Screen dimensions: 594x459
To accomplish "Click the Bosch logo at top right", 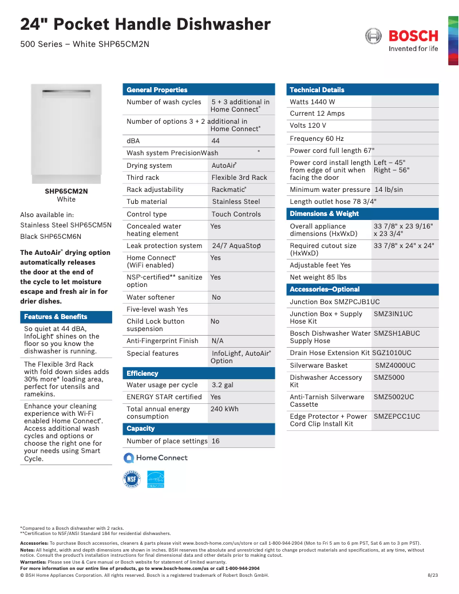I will click(x=402, y=40).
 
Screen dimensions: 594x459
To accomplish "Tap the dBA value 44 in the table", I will click(x=216, y=141).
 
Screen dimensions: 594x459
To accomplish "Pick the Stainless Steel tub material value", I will click(x=236, y=202).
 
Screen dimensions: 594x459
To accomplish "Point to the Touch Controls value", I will click(x=236, y=214).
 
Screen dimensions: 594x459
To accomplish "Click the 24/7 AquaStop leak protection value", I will click(x=236, y=246).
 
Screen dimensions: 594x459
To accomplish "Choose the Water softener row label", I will click(x=151, y=297).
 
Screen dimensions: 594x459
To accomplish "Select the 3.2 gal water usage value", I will click(x=223, y=385).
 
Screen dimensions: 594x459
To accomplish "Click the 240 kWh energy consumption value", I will click(x=224, y=409).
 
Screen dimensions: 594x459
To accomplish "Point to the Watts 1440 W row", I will click(x=312, y=102).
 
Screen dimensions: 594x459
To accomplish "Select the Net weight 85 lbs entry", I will click(x=318, y=277).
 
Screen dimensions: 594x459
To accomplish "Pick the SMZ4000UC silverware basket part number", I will click(x=395, y=365).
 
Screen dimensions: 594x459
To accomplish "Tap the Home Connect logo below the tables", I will click(x=156, y=458).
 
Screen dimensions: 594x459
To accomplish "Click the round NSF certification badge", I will click(x=132, y=479).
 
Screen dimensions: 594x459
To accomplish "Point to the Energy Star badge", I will click(x=156, y=479).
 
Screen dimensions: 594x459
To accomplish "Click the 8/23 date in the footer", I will click(x=433, y=575).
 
